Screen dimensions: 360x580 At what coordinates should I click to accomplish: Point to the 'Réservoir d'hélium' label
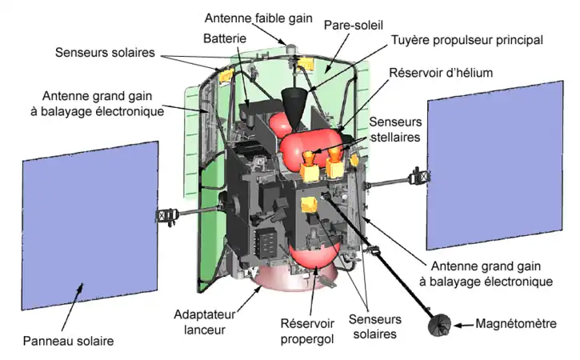(x=440, y=73)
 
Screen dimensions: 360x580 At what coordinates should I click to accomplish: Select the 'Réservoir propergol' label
(x=298, y=330)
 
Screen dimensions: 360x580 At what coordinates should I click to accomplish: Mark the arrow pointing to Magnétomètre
(x=463, y=325)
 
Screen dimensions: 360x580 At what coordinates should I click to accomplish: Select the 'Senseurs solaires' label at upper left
(x=106, y=53)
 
